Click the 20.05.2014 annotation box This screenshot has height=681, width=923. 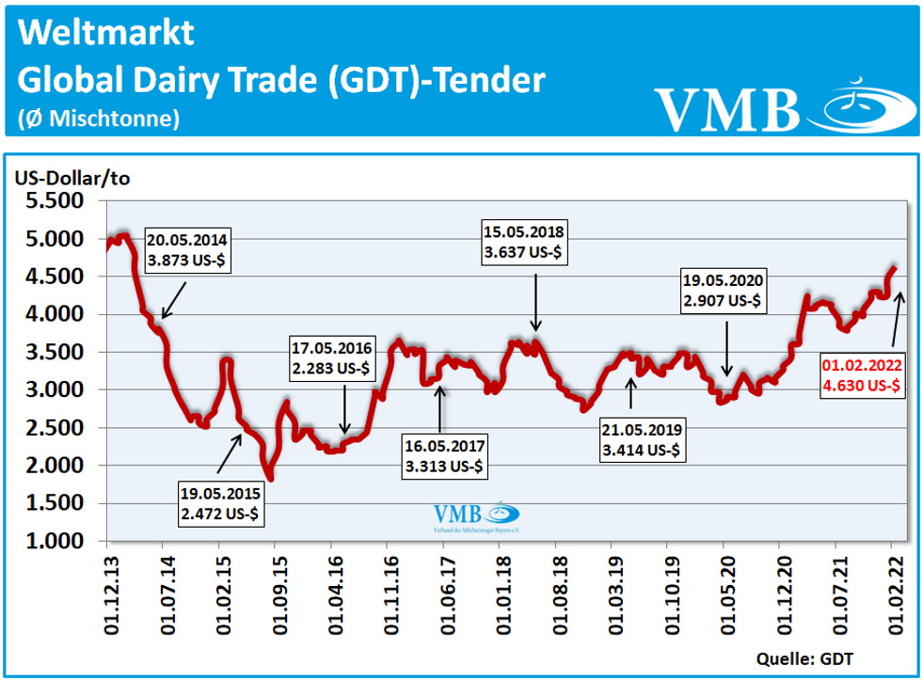click(x=185, y=247)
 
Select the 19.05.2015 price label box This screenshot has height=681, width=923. click(x=220, y=503)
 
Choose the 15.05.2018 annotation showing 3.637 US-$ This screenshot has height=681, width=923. click(x=523, y=242)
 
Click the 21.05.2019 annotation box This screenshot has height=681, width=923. click(x=644, y=440)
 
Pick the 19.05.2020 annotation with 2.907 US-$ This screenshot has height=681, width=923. click(x=724, y=291)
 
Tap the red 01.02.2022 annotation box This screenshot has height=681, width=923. click(x=863, y=375)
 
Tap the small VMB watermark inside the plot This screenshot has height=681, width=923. click(x=476, y=516)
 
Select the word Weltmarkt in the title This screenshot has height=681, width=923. click(x=105, y=32)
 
